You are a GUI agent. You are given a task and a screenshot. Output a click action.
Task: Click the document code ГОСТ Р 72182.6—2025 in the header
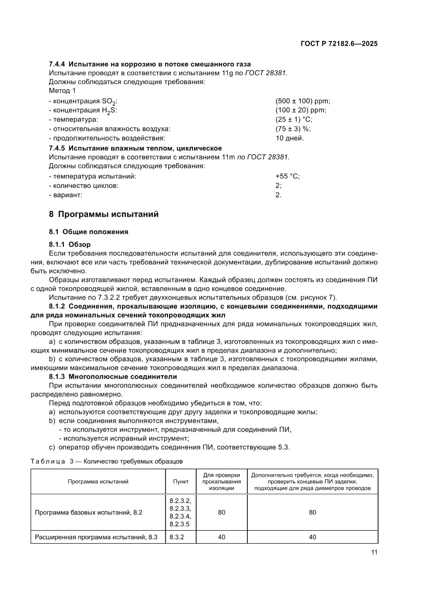click(339, 44)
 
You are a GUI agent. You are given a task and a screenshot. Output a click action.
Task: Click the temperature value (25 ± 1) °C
click(294, 119)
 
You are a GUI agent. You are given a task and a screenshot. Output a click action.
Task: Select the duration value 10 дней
click(289, 138)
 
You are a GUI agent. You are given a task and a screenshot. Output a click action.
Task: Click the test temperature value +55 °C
click(287, 176)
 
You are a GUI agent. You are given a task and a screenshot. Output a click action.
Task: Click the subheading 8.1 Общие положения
click(88, 232)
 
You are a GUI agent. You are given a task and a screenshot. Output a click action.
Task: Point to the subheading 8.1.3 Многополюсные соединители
click(113, 376)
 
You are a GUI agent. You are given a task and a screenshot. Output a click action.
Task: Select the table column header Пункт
click(181, 481)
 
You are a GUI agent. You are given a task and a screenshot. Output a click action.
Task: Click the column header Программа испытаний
click(98, 481)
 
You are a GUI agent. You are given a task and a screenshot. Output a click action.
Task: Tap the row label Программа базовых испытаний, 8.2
click(88, 512)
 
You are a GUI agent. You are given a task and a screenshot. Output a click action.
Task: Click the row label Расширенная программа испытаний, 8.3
click(95, 537)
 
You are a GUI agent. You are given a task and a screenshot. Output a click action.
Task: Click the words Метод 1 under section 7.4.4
click(62, 91)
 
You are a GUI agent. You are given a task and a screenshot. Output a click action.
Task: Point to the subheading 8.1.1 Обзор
click(70, 244)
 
